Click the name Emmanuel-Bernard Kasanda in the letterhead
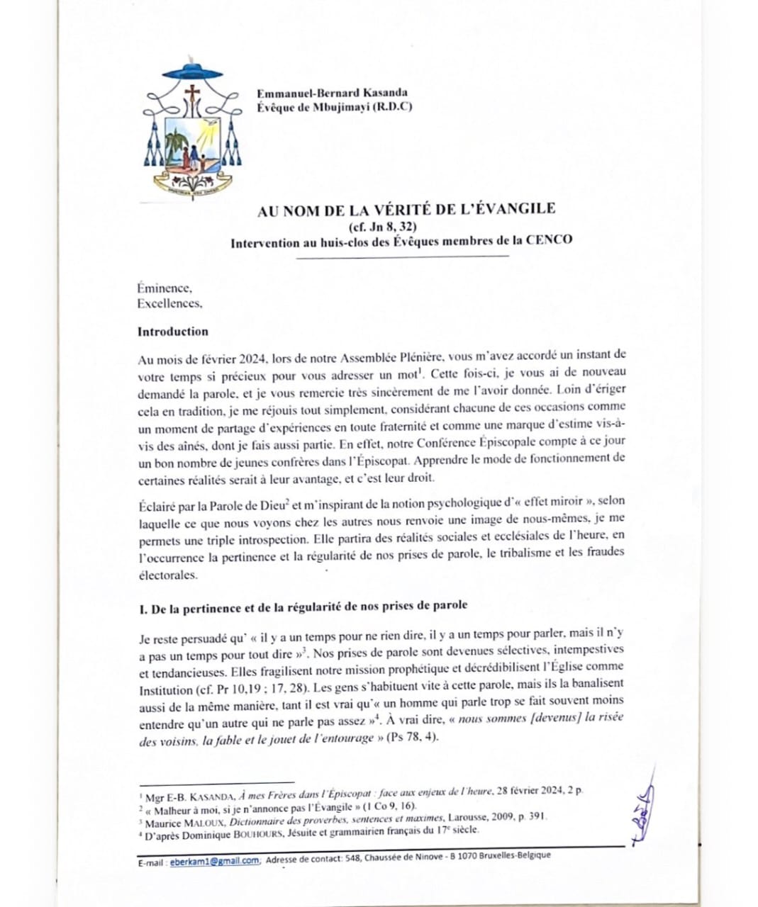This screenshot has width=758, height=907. [332, 93]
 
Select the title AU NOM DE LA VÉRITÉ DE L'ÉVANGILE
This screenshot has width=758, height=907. [406, 208]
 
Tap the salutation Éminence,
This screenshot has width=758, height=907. [165, 288]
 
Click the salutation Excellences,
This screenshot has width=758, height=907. [169, 303]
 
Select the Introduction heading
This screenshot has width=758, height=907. [173, 332]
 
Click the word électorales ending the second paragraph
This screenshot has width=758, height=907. [167, 575]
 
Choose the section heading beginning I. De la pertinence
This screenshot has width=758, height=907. [303, 606]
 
